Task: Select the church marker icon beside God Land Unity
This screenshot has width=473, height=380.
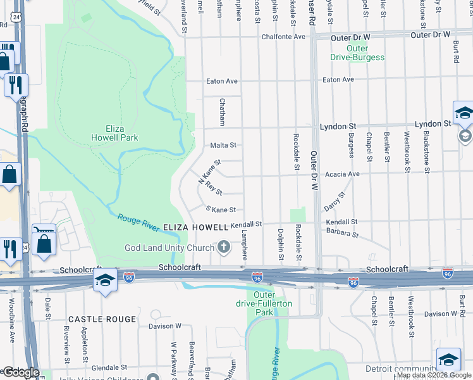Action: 223,246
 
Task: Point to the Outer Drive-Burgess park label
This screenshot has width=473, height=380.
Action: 357,53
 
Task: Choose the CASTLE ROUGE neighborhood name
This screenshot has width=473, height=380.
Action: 102,319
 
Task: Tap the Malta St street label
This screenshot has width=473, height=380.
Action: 223,145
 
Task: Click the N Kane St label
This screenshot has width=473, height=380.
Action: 209,170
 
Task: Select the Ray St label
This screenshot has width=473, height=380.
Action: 214,191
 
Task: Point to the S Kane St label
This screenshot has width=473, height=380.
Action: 221,209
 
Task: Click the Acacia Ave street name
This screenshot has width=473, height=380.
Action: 342,174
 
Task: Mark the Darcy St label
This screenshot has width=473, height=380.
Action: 335,203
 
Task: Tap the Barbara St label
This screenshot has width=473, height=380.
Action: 342,234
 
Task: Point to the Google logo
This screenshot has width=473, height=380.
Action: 20,373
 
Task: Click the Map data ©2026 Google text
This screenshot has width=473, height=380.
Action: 434,375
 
